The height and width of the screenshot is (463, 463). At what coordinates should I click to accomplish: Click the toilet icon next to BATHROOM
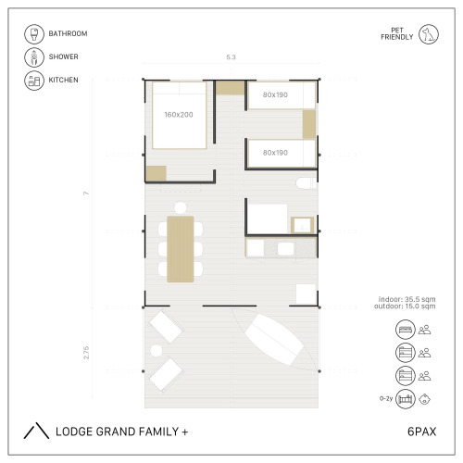click(x=34, y=34)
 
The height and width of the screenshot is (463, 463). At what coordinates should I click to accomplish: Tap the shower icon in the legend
click(x=34, y=57)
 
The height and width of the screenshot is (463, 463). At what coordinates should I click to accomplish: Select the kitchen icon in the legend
click(x=34, y=81)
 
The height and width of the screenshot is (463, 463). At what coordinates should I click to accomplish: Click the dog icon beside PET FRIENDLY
click(x=429, y=34)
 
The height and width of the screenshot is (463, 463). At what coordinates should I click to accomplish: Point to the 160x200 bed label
click(x=179, y=115)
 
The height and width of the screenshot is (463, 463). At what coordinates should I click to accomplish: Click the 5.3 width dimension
click(x=231, y=57)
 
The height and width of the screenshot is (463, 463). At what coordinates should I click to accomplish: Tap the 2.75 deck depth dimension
click(x=86, y=353)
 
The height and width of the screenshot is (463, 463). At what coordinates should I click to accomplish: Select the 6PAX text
click(x=421, y=432)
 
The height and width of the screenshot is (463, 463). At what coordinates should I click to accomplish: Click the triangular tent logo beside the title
click(x=36, y=431)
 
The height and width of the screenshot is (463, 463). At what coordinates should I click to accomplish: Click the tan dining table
click(x=181, y=249)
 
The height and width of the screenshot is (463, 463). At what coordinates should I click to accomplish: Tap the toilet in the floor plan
click(x=307, y=183)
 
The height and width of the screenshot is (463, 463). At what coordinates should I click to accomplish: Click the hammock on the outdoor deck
click(x=275, y=339)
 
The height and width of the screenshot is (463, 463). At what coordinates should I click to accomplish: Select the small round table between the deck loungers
click(x=156, y=351)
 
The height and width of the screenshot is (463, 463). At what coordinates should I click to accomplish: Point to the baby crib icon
click(x=406, y=399)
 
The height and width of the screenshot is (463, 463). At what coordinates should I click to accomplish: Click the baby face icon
click(x=425, y=399)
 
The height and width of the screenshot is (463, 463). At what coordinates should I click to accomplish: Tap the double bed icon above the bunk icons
click(x=406, y=330)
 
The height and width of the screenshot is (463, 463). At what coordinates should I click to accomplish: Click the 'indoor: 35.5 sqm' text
click(x=407, y=299)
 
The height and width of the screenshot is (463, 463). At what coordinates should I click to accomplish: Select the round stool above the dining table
click(x=181, y=207)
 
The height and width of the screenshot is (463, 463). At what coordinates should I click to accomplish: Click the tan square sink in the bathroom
click(x=303, y=225)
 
